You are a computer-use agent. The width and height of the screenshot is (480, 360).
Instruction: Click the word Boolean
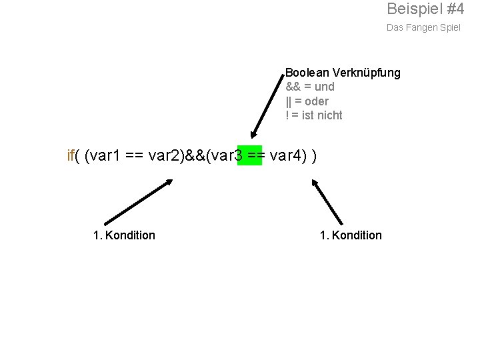click(x=307, y=73)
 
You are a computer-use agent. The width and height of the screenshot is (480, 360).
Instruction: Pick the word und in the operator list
click(x=323, y=87)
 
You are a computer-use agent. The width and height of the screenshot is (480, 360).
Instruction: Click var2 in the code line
click(x=166, y=156)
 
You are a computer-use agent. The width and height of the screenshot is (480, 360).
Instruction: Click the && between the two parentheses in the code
click(x=198, y=156)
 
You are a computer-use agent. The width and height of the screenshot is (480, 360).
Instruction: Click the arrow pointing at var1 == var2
click(x=139, y=201)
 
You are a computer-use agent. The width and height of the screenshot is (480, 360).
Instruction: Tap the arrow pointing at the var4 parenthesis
click(x=329, y=201)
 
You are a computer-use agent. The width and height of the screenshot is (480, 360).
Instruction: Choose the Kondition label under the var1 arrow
click(x=130, y=235)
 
